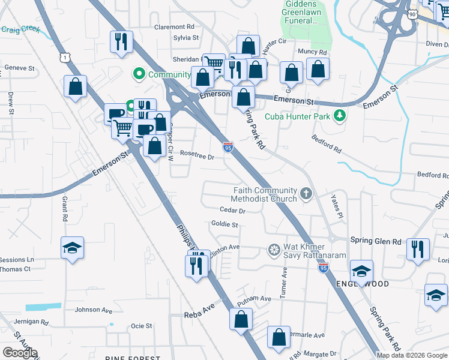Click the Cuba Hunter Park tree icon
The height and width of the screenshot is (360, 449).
[340, 115]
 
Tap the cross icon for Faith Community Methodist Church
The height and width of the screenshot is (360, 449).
[306, 193]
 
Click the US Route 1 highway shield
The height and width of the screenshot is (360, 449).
[64, 56]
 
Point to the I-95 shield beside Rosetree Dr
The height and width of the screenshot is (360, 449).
[228, 146]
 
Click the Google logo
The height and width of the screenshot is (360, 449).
[20, 353]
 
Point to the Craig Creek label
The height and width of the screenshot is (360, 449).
[20, 29]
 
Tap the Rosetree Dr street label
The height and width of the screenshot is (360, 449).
[197, 156]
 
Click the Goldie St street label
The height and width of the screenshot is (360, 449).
[225, 225]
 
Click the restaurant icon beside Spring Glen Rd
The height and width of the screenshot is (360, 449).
[418, 248]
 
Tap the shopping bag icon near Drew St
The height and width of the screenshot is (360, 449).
[75, 86]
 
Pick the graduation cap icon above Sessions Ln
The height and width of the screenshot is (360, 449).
[72, 247]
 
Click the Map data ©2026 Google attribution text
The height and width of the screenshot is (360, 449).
[412, 355]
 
